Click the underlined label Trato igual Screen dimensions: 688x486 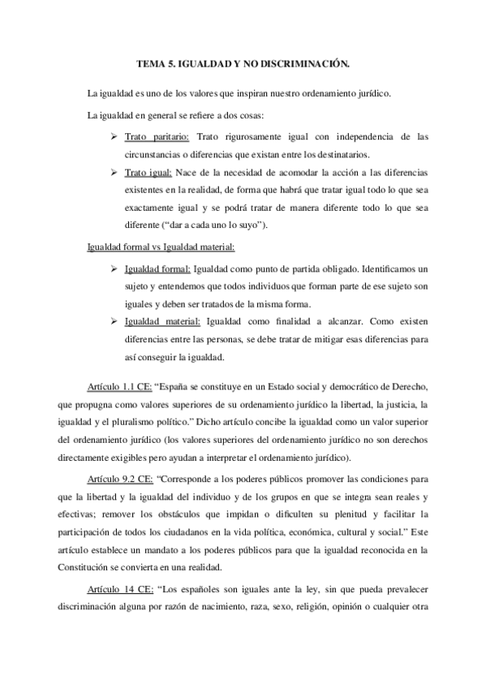click(148, 174)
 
